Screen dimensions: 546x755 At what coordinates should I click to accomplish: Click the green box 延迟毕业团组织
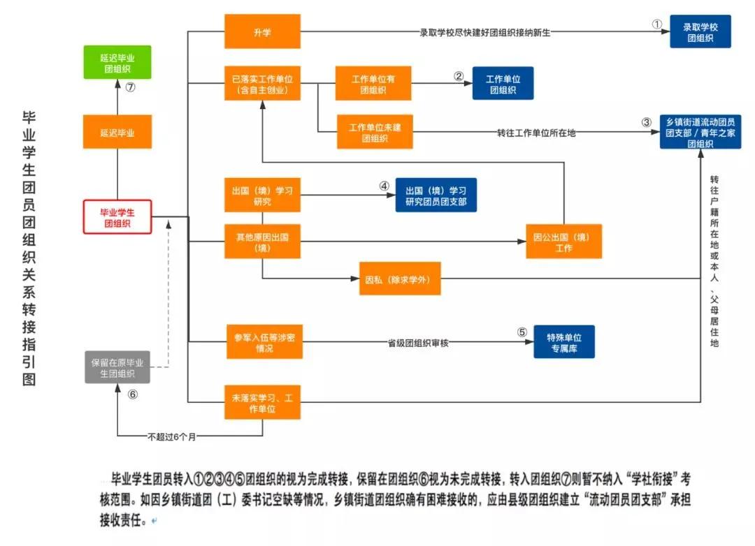point(117,63)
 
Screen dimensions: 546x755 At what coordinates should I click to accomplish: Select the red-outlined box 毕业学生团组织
point(117,217)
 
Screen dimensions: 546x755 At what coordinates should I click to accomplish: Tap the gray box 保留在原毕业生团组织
point(117,367)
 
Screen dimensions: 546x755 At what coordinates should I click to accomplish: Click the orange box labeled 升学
point(262,31)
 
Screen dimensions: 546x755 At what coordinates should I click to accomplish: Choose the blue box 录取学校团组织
point(700,32)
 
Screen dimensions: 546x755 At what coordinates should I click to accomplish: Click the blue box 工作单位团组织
point(503,84)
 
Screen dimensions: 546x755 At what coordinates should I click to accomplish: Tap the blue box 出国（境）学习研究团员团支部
point(436,195)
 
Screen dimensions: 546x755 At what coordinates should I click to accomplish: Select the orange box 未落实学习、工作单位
point(262,402)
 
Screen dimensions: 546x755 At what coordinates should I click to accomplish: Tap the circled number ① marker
point(656,24)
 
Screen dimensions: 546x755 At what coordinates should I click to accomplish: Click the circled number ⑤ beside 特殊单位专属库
point(522,332)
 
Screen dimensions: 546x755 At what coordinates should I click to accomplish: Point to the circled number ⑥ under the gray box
point(133,394)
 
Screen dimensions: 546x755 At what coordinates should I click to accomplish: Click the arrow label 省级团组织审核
point(418,343)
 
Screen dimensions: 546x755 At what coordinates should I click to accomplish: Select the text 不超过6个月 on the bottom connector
point(172,436)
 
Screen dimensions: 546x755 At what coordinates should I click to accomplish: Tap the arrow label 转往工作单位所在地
point(536,133)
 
